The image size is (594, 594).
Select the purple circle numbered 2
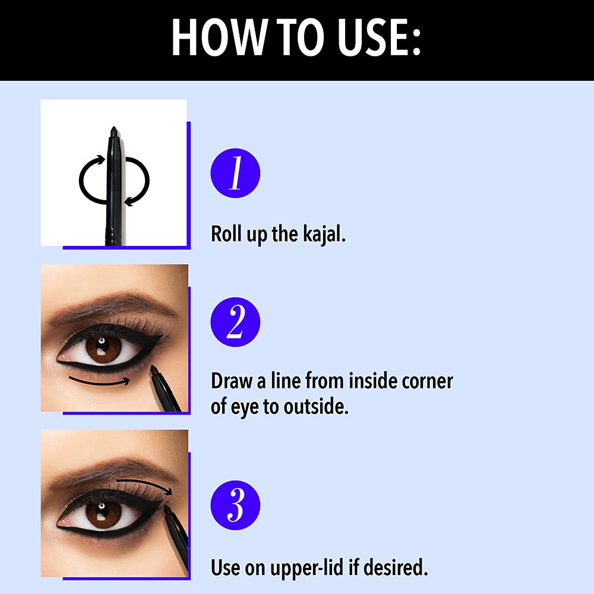coord(235,322)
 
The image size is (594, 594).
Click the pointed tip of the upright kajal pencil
coord(113,129)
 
